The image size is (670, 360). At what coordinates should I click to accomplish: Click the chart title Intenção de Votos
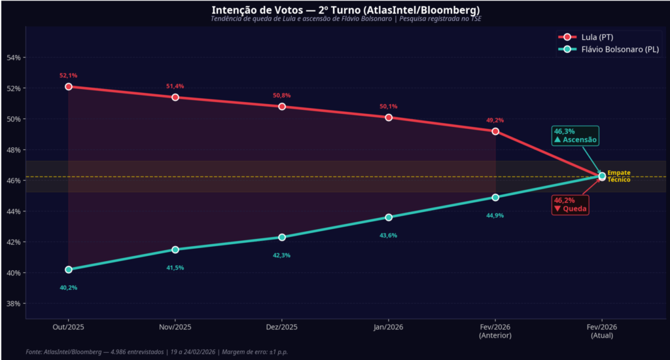coord(345,10)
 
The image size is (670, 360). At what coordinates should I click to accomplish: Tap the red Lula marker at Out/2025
coord(69,86)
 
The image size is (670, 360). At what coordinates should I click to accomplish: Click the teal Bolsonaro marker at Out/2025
coord(69,270)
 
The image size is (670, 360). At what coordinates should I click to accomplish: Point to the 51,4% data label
coord(175,86)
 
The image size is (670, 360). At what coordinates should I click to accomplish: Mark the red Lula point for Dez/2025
coord(282,106)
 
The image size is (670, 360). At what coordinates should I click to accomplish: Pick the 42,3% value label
coord(282,255)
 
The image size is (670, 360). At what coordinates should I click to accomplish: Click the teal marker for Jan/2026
coord(389,217)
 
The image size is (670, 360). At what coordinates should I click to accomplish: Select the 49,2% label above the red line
coord(495,120)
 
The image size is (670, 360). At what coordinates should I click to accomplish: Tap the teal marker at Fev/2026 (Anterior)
coord(495,197)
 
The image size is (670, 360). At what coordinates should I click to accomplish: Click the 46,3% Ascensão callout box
coord(574,135)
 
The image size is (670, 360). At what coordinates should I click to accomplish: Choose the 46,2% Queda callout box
coord(569,204)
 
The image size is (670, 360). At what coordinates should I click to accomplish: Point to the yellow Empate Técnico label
coord(619,176)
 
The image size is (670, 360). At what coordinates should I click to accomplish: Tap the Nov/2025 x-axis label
coord(175,327)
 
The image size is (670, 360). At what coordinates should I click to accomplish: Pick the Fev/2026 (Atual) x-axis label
coord(602,331)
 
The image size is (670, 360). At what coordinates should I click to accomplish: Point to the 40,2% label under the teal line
coord(69,288)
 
